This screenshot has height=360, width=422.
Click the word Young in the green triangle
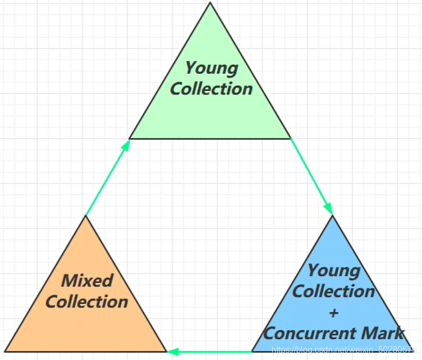click(x=211, y=68)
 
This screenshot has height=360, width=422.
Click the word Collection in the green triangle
click(x=211, y=89)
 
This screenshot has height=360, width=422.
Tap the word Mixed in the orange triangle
click(x=87, y=281)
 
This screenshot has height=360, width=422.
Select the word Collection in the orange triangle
click(x=87, y=301)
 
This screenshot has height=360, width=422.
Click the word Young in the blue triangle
click(x=333, y=270)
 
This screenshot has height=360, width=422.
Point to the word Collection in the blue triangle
click(x=333, y=291)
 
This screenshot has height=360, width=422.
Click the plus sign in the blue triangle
click(x=333, y=313)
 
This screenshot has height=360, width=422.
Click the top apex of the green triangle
click(x=210, y=3)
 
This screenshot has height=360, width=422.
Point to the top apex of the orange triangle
click(x=85, y=216)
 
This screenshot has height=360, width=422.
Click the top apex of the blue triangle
click(x=333, y=216)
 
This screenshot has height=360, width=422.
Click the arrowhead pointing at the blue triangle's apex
click(x=329, y=209)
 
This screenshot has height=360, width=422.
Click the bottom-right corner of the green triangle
click(x=290, y=138)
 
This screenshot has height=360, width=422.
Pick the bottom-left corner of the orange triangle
click(x=5, y=351)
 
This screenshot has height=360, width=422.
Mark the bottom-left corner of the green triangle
click(x=130, y=138)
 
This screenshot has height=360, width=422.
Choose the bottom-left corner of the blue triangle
click(x=252, y=351)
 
